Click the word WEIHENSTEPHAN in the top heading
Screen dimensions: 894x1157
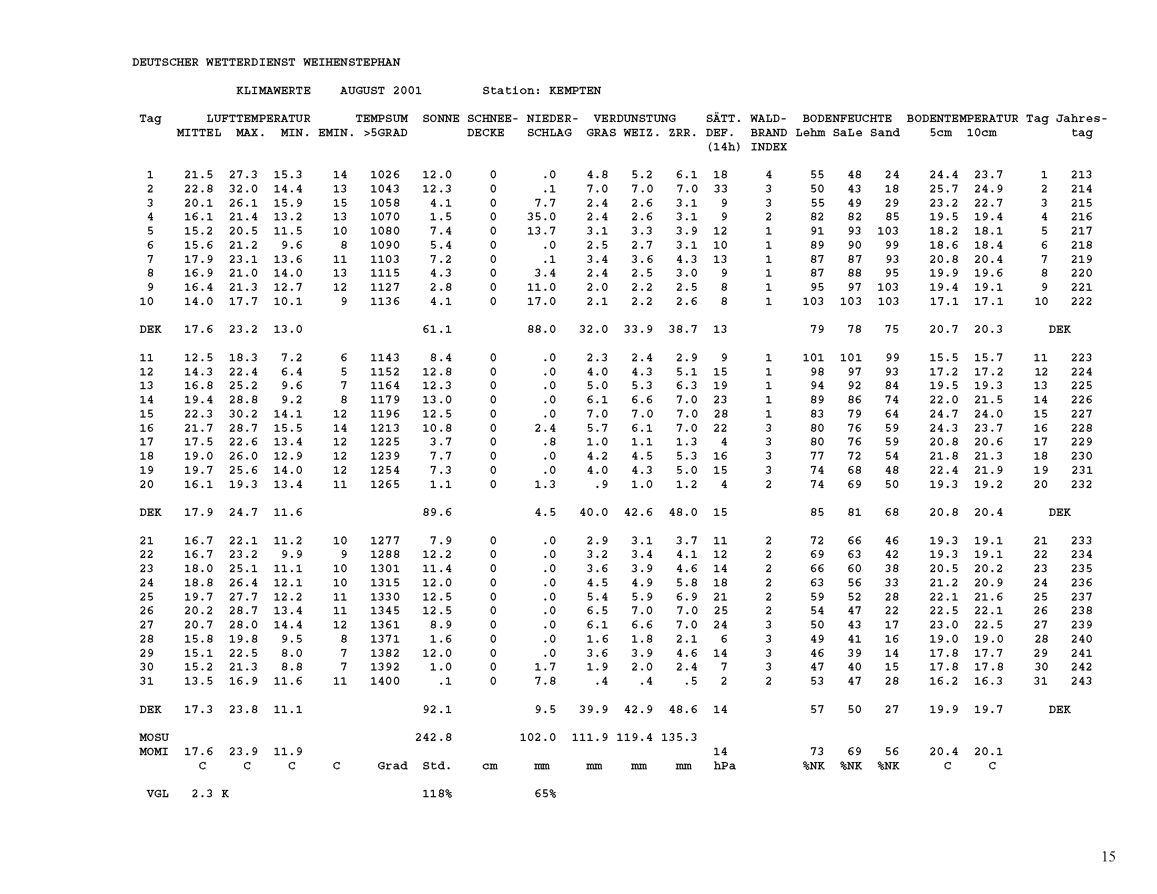pyautogui.click(x=351, y=63)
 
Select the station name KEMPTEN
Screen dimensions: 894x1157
pyautogui.click(x=575, y=90)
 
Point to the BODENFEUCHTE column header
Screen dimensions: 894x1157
pyautogui.click(x=847, y=119)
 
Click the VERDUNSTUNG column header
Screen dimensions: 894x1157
pyautogui.click(x=634, y=119)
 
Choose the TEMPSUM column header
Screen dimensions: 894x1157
pyautogui.click(x=381, y=119)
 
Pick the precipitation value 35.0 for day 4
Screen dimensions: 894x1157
pyautogui.click(x=541, y=217)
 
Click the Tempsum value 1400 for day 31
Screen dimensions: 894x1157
pyautogui.click(x=384, y=681)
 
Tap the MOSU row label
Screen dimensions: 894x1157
pyautogui.click(x=154, y=737)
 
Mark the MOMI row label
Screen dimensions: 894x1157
pyautogui.click(x=154, y=751)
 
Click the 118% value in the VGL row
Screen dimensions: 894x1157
pyautogui.click(x=437, y=794)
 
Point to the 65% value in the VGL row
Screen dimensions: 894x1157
pyautogui.click(x=545, y=794)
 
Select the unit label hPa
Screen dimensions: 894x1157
pyautogui.click(x=724, y=766)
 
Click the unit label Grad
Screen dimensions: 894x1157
pyautogui.click(x=392, y=766)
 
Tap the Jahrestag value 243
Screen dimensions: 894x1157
pyautogui.click(x=1081, y=681)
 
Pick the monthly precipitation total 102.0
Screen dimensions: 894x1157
pyautogui.click(x=537, y=737)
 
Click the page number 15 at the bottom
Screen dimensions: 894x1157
pyautogui.click(x=1108, y=856)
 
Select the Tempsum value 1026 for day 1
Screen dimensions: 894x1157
pyautogui.click(x=384, y=175)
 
